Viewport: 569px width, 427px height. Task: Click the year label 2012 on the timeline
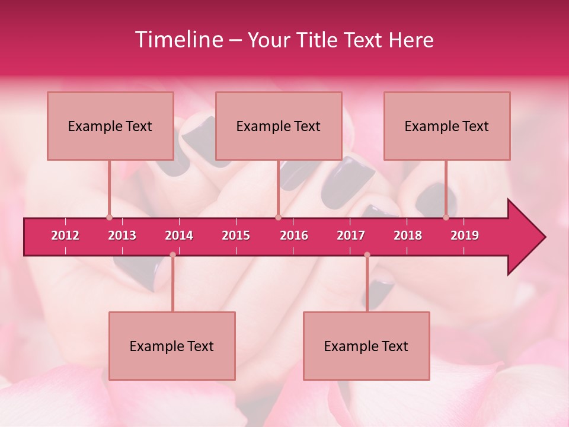point(65,235)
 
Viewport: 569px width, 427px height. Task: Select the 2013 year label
point(122,235)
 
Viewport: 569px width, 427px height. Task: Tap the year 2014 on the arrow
point(179,235)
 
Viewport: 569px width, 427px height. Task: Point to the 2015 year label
point(236,235)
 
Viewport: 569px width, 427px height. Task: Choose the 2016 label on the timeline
point(294,235)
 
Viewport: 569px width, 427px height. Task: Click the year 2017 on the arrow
point(351,235)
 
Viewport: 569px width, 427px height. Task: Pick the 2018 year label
point(408,235)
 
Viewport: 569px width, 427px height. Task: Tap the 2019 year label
point(465,235)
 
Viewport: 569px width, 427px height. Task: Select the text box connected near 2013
point(110,126)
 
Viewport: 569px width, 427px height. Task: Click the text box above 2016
point(279,126)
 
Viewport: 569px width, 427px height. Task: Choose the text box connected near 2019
point(447,126)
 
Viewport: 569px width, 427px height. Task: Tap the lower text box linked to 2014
point(172,346)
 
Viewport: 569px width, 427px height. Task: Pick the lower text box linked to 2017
point(366,346)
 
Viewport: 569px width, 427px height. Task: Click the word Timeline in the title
point(178,40)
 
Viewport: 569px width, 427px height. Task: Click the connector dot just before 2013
point(109,218)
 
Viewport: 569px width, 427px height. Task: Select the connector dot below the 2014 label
point(172,255)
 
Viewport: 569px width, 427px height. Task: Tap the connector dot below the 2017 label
point(367,255)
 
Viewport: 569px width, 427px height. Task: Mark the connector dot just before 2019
point(446,218)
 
